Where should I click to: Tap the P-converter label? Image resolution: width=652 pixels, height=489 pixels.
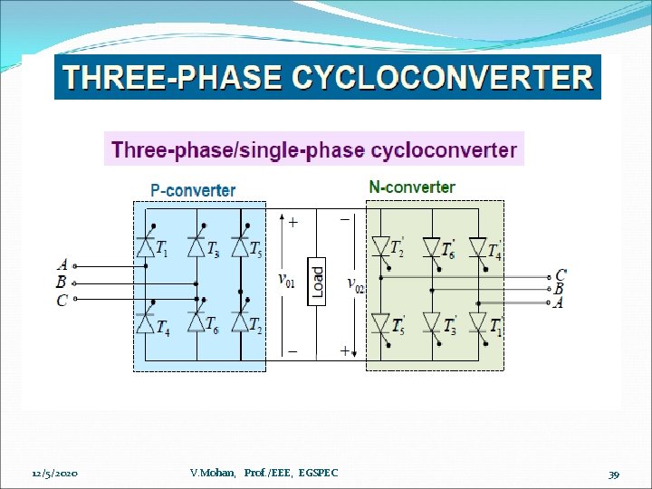[x=192, y=190]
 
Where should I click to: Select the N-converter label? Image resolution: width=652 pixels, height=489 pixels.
[x=412, y=187]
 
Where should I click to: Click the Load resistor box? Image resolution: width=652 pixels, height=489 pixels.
[x=317, y=282]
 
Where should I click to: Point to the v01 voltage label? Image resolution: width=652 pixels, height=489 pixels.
[x=285, y=279]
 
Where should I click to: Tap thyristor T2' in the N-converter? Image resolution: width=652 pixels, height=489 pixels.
[x=381, y=247]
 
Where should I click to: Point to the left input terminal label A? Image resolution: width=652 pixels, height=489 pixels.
[x=62, y=265]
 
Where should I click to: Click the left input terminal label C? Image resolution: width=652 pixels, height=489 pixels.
[x=62, y=299]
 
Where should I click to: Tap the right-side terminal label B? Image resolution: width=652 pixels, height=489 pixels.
[x=559, y=289]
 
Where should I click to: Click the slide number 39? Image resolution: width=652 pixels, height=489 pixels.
[x=613, y=474]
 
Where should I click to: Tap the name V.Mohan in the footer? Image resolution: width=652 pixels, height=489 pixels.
[x=214, y=473]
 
